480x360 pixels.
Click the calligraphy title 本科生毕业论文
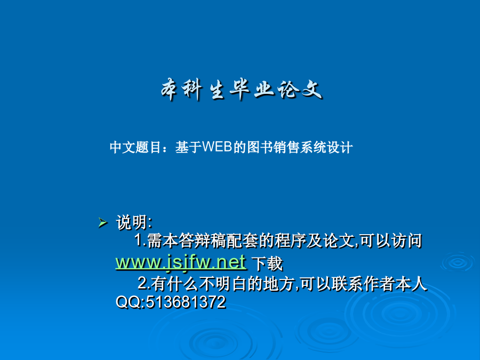pyautogui.click(x=242, y=90)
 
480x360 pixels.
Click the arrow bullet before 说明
pyautogui.click(x=103, y=222)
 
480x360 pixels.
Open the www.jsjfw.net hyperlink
pyautogui.click(x=181, y=262)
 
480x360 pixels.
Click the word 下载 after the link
pyautogui.click(x=267, y=263)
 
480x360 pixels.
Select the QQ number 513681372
pyautogui.click(x=186, y=302)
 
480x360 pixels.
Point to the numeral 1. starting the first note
pyautogui.click(x=140, y=240)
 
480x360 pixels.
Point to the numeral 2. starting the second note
pyautogui.click(x=144, y=283)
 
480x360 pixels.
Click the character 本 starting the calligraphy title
pyautogui.click(x=170, y=90)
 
